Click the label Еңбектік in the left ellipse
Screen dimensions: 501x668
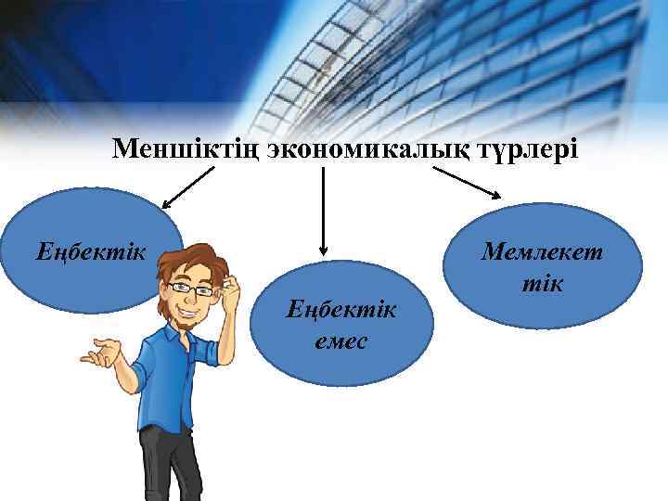pyautogui.click(x=91, y=250)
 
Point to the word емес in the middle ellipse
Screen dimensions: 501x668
pyautogui.click(x=340, y=340)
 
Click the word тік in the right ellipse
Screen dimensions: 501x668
pyautogui.click(x=542, y=281)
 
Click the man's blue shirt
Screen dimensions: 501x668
pyautogui.click(x=176, y=380)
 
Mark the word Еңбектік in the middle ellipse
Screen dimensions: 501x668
pyautogui.click(x=340, y=308)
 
